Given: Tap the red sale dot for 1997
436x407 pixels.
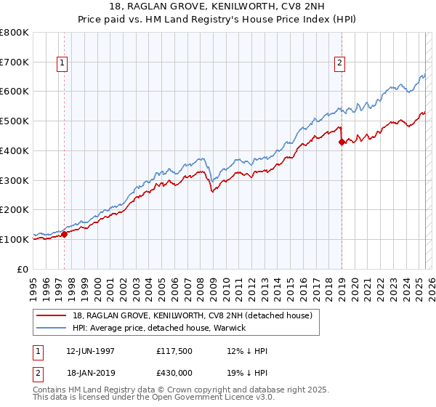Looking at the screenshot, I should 64,234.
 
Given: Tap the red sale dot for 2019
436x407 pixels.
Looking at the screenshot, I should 342,142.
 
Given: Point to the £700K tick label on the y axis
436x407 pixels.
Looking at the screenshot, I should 15,63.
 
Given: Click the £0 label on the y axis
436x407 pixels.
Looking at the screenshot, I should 23,269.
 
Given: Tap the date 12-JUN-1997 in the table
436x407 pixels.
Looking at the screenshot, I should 90,351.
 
